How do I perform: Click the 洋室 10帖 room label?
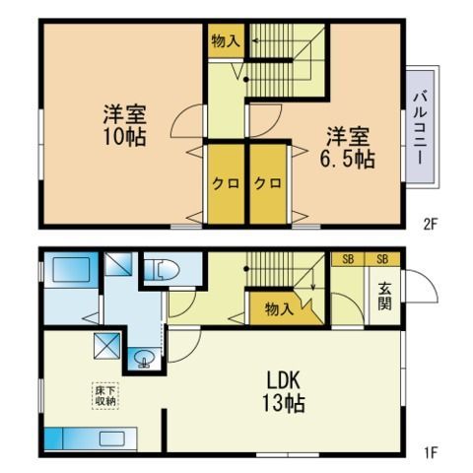tap(125, 125)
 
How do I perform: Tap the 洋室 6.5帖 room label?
tap(348, 148)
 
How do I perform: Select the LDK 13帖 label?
tap(283, 392)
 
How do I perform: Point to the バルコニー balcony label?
tap(422, 128)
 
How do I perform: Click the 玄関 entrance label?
tap(384, 297)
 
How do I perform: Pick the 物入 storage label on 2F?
tap(226, 41)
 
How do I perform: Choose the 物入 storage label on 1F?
tap(279, 308)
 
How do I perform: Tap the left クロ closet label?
tap(226, 183)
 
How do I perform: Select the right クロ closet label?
tap(268, 183)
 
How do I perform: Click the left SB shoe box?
tap(348, 259)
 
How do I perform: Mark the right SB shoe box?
tap(382, 259)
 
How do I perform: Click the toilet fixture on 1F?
tap(163, 271)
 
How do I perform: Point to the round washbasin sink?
tap(144, 358)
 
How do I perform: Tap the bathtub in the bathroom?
tap(71, 269)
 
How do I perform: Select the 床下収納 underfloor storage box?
tap(105, 396)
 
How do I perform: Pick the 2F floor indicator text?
tap(430, 225)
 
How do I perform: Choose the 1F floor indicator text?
tap(431, 453)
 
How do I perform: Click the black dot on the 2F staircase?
tap(245, 80)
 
